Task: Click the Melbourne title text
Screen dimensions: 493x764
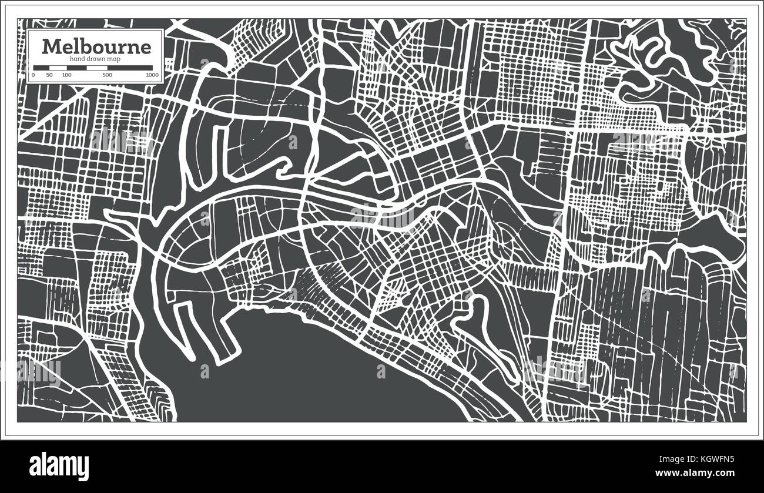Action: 96,46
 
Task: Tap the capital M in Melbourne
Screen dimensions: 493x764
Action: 51,46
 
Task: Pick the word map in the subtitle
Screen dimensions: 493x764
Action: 113,59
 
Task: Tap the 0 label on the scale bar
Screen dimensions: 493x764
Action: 33,75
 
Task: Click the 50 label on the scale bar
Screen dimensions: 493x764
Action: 49,75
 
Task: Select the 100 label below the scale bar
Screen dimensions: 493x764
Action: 66,75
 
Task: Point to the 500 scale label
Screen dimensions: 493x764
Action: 107,75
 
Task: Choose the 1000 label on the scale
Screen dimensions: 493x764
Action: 153,75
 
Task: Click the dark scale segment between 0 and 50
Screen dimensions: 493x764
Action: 41,68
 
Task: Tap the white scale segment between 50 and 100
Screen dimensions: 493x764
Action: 58,68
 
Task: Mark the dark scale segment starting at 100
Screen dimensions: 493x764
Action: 76,68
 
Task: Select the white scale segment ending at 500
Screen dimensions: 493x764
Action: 96,68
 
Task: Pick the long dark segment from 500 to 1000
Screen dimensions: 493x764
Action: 129,68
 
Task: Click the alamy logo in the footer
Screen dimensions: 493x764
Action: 59,464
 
